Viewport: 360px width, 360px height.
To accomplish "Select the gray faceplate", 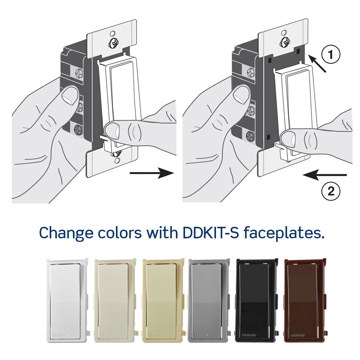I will (x=209, y=300).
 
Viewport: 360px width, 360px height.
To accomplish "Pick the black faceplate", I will (x=256, y=300).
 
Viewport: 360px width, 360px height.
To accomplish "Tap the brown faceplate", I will (x=304, y=300).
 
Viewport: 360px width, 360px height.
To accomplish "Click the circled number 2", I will (x=330, y=191).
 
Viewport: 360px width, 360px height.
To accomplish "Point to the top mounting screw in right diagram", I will (x=284, y=40).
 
